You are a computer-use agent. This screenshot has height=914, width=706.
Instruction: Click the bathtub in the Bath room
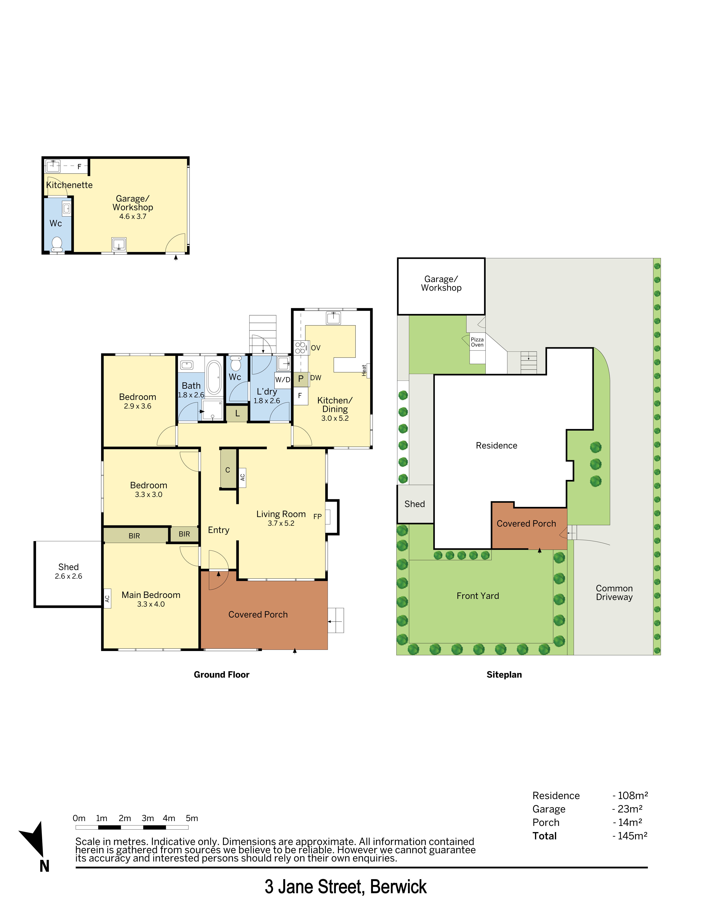[214, 377]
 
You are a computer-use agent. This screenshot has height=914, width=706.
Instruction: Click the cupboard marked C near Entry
[228, 470]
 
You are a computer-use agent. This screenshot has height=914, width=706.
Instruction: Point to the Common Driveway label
[614, 593]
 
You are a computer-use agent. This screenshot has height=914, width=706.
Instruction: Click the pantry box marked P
[301, 379]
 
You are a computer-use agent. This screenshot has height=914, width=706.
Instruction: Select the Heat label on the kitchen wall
[364, 370]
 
